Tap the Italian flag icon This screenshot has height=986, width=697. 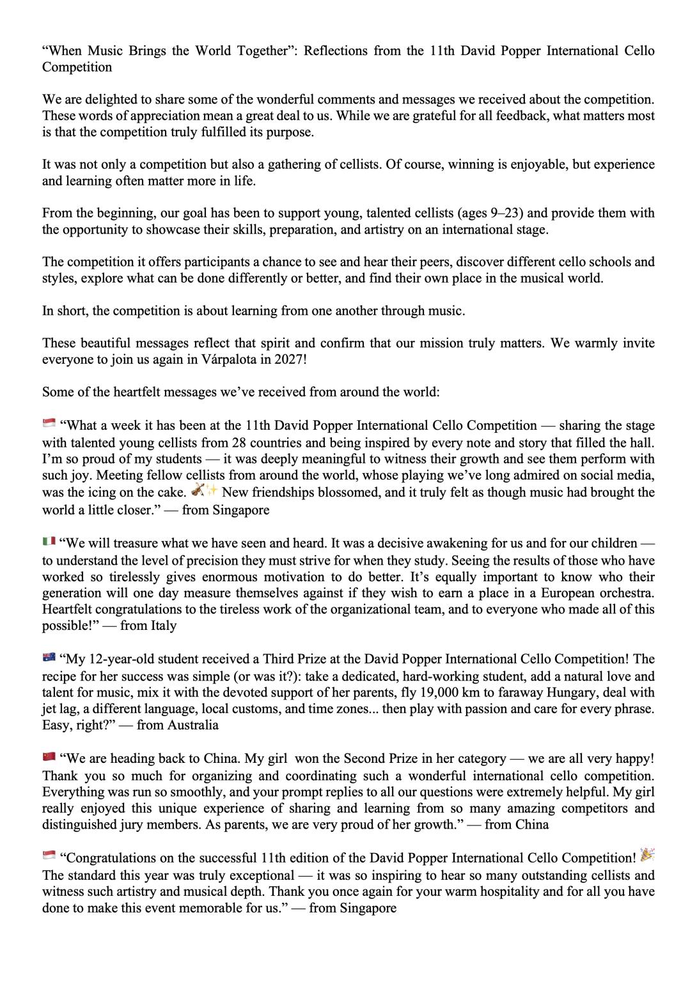pyautogui.click(x=49, y=542)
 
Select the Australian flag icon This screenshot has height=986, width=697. pyautogui.click(x=49, y=658)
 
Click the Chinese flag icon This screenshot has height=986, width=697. pyautogui.click(x=49, y=758)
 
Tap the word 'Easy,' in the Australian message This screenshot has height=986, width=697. pyautogui.click(x=58, y=725)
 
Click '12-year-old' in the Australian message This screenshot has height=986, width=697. pyautogui.click(x=117, y=659)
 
